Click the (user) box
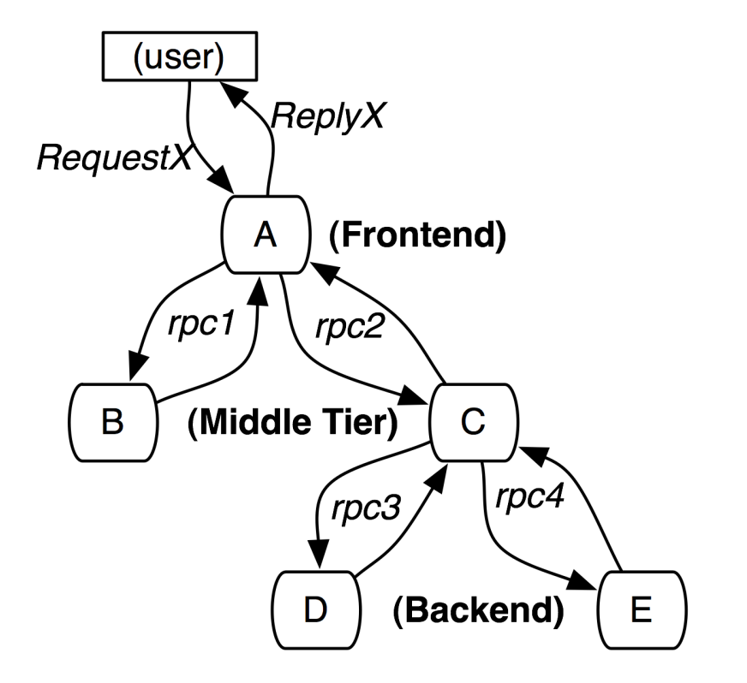pos(180,56)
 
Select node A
pos(266,235)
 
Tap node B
pos(113,422)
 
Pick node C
pos(474,422)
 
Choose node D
pos(316,609)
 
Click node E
pos(642,609)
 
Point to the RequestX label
pos(115,157)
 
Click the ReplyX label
pos(328,116)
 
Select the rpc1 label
pos(202,324)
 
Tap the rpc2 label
pos(350,327)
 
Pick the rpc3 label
pos(367,508)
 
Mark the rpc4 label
pos(529,497)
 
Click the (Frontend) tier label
pos(417,235)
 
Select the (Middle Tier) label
pos(292,423)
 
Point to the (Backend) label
pos(478,610)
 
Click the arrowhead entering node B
pos(137,366)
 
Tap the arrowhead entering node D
pos(318,555)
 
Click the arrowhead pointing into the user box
pos(232,94)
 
